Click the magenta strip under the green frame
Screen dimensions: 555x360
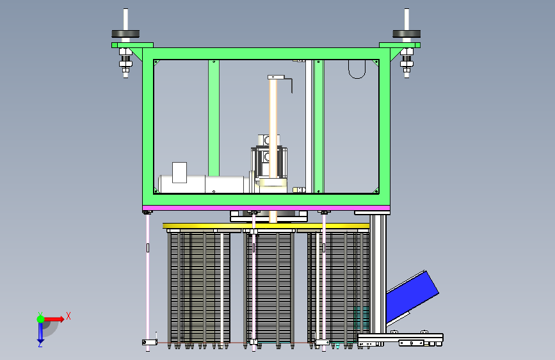click(266, 208)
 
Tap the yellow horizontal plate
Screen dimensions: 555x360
click(266, 226)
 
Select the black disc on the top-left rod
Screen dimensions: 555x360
click(125, 34)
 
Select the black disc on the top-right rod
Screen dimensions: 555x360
click(406, 34)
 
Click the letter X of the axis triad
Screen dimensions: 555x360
click(68, 316)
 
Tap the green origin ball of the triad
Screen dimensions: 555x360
click(41, 319)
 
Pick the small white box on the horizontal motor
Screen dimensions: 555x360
click(179, 172)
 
